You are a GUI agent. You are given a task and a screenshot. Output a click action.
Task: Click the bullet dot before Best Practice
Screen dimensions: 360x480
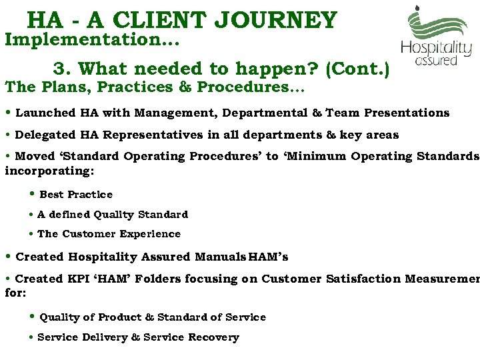(x=33, y=195)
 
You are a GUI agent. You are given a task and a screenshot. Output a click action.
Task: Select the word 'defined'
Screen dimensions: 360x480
(x=69, y=215)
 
